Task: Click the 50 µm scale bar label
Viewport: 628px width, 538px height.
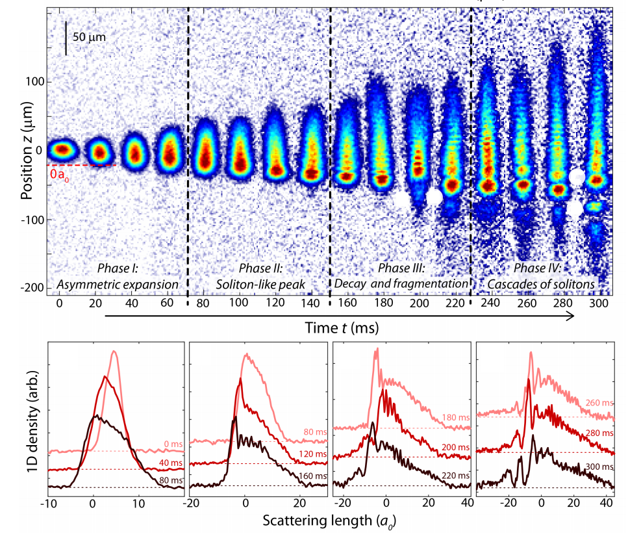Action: click(89, 37)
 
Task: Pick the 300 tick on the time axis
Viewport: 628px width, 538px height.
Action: click(597, 304)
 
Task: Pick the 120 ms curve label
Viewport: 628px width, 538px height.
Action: click(313, 452)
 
